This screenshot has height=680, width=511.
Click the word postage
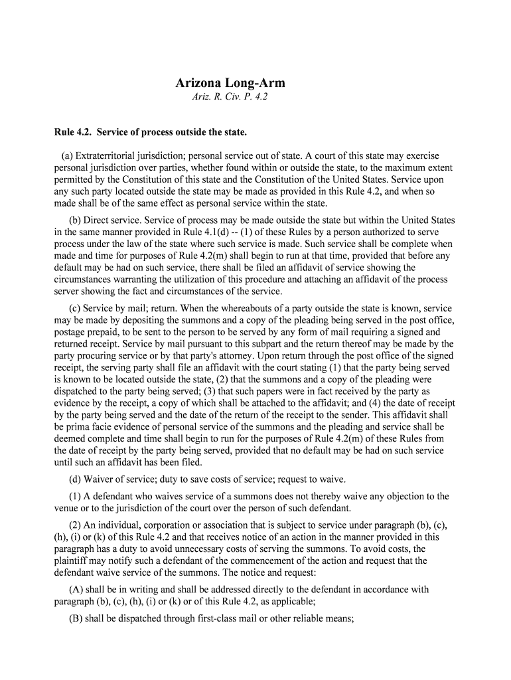pos(70,332)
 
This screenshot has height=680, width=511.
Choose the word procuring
pos(94,355)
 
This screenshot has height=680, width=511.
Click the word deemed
pos(70,438)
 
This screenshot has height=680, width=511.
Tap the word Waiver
pos(102,479)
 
